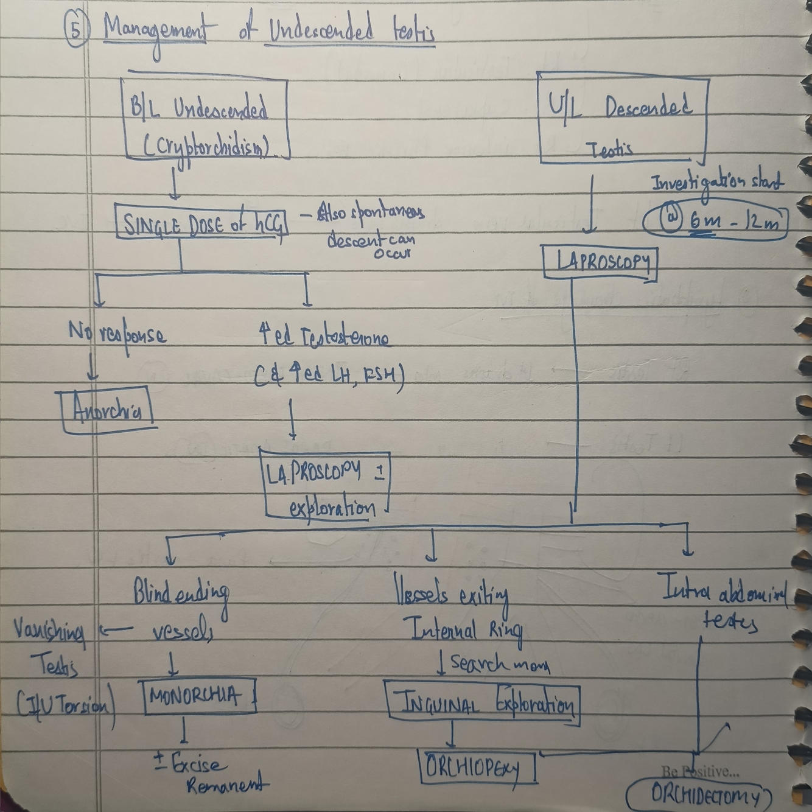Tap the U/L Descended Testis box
coord(622,121)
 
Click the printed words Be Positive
coord(701,772)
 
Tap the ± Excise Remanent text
coord(210,773)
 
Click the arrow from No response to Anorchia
coord(93,369)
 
